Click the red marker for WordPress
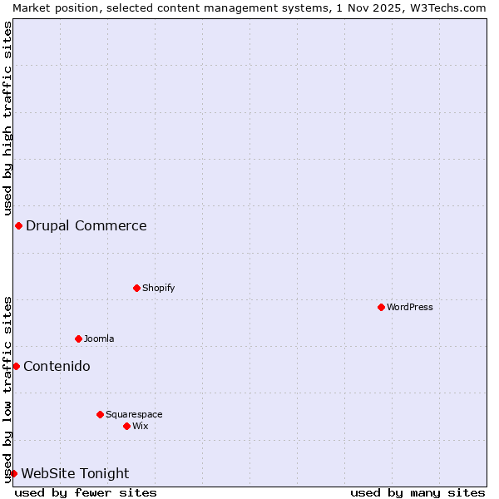point(381,307)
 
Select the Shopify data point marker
point(136,288)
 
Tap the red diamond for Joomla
point(78,338)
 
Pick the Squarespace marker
point(100,414)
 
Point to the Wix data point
point(126,426)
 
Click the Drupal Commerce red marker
point(18,225)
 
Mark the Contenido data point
point(16,366)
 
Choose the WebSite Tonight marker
point(13,473)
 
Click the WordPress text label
point(410,307)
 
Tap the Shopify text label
point(159,288)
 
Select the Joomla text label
point(99,338)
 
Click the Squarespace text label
point(134,414)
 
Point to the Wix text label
point(141,426)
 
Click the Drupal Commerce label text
point(86,225)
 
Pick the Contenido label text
point(57,366)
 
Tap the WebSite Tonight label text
point(75,473)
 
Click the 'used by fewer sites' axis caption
point(86,492)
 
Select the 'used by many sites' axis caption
point(417,492)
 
